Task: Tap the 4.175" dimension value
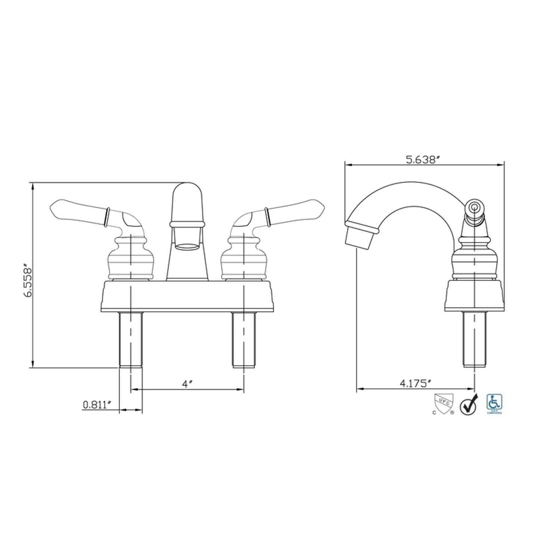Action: coord(416,383)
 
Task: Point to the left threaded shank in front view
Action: coord(131,340)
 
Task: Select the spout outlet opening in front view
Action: coord(187,246)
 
